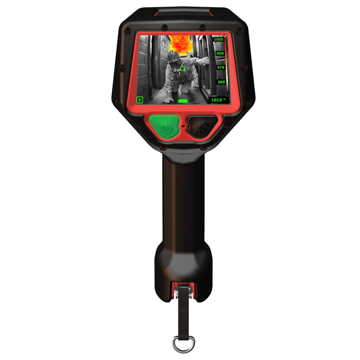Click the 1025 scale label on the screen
coord(219,39)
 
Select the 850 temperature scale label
coord(220,53)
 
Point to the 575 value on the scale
coord(221,67)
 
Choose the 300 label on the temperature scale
coord(221,82)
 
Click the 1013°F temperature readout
coord(219,100)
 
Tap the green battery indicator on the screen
coord(183,101)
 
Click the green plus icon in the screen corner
coord(140,100)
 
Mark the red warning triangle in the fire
coord(183,39)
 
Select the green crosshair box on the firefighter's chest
coord(183,68)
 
